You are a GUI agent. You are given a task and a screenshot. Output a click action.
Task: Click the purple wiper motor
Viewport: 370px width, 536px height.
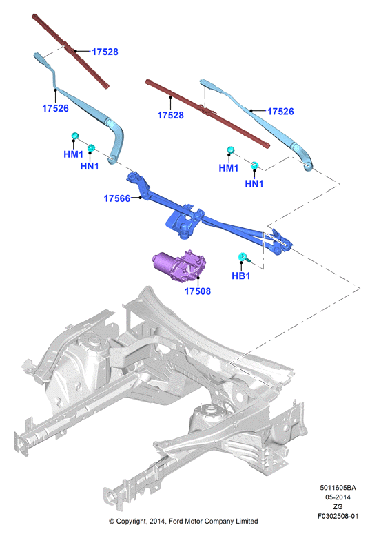179,266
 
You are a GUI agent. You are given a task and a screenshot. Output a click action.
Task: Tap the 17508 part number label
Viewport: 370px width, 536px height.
198,291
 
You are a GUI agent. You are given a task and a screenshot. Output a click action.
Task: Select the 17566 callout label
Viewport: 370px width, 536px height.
117,198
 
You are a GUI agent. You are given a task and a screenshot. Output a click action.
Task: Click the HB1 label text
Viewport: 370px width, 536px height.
240,276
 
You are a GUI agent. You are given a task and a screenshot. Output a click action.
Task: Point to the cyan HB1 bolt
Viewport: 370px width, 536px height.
244,258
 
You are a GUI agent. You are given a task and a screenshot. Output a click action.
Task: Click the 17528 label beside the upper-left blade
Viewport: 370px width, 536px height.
105,52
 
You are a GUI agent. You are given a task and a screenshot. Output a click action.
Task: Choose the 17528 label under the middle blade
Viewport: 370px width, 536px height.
170,115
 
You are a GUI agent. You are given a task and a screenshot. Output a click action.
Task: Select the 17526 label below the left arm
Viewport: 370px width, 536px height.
55,108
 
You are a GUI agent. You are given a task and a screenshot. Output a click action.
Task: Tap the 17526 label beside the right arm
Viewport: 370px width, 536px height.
280,111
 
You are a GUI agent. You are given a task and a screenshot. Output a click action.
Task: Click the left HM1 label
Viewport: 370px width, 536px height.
74,154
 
